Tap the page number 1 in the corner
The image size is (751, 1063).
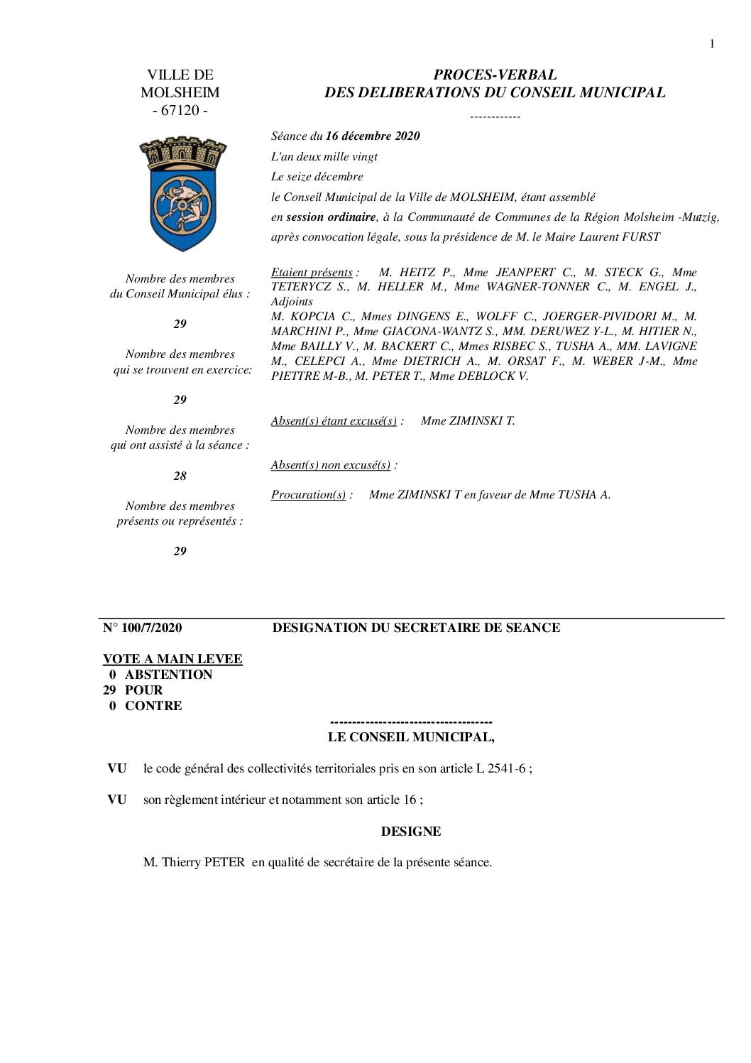(x=712, y=44)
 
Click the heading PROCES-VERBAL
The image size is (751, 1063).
(x=495, y=75)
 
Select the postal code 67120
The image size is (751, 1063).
(x=180, y=110)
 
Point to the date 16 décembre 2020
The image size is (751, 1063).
(x=373, y=136)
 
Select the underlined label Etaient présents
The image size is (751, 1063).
(x=312, y=272)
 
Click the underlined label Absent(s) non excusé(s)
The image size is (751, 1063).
(x=330, y=464)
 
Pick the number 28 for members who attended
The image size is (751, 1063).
(x=180, y=476)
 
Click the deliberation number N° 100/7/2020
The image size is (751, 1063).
(x=142, y=627)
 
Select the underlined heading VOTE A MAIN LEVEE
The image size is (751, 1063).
(x=172, y=658)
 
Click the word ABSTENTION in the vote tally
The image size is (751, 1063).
(x=168, y=674)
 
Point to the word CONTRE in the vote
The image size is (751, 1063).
(x=153, y=705)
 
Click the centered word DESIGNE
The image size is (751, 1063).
(x=411, y=831)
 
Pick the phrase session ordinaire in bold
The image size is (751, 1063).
(x=331, y=217)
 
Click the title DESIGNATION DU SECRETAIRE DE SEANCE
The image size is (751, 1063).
(x=416, y=627)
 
